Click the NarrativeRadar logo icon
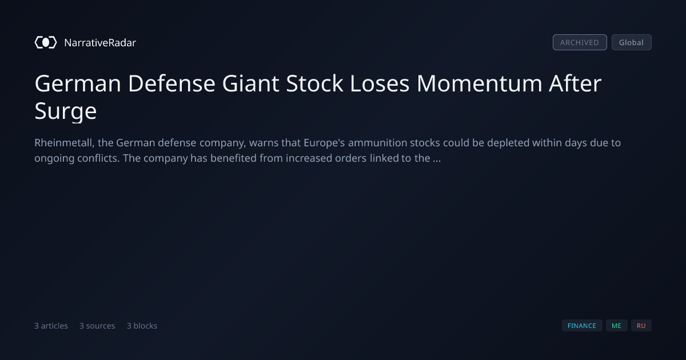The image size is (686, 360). tap(46, 42)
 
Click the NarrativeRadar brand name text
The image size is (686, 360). tap(100, 43)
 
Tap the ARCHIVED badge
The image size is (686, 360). tap(580, 42)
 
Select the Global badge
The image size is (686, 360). tap(632, 42)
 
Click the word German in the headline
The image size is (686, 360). tap(78, 83)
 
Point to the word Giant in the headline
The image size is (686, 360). tap(250, 83)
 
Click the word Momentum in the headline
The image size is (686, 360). tap(479, 83)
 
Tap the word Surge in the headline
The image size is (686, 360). tap(66, 111)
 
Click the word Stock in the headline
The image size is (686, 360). tap(314, 83)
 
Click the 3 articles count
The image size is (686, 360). tap(51, 326)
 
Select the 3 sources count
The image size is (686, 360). tap(97, 326)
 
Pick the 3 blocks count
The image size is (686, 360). tap(142, 326)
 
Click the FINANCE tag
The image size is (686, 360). tap(582, 326)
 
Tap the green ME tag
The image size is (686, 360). tap(616, 326)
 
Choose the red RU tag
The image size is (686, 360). tap(641, 326)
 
